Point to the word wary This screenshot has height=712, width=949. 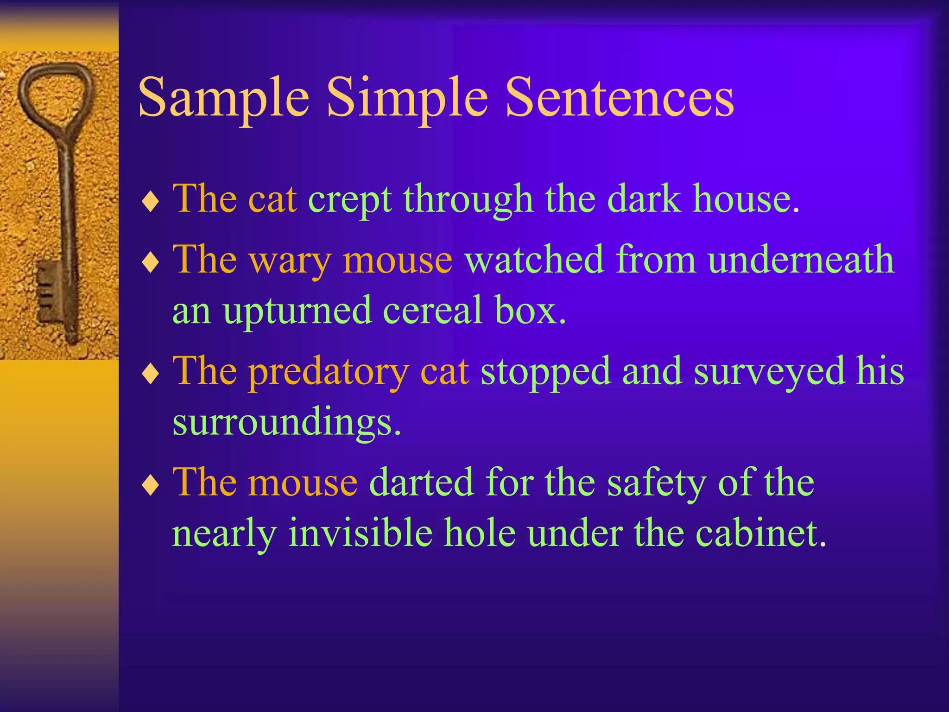tap(290, 261)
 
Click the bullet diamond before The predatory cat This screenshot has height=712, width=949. tap(151, 374)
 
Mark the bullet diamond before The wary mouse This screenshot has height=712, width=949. tap(151, 263)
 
